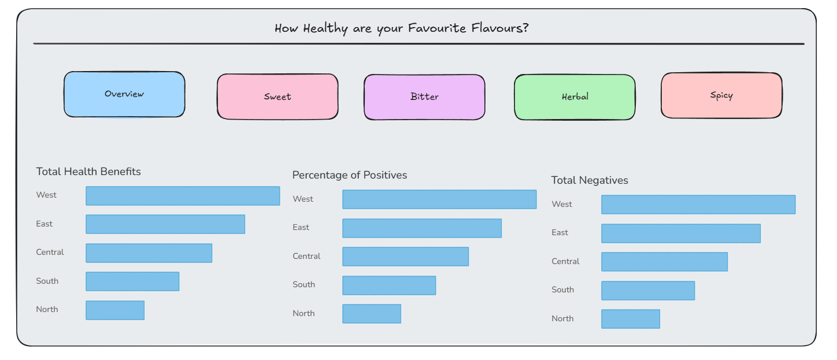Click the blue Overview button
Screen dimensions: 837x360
coord(124,94)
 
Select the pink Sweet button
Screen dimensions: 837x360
coord(277,97)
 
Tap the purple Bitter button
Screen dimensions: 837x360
coord(424,97)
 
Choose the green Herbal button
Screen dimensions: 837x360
coord(575,97)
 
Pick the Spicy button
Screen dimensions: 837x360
coord(721,95)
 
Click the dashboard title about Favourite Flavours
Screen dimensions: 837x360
coord(402,28)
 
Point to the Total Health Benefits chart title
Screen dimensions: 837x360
coord(88,172)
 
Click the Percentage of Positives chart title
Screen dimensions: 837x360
coord(349,175)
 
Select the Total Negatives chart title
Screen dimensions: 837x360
coord(590,180)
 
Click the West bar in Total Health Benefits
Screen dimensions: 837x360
coord(183,196)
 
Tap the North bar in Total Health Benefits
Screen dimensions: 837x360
coord(115,310)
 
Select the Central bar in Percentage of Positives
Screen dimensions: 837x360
coord(405,257)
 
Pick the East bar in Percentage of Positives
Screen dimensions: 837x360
coord(422,228)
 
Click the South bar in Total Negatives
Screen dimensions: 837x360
coord(648,291)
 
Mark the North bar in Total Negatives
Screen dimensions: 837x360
coord(631,319)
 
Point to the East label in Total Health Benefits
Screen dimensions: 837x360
coord(44,224)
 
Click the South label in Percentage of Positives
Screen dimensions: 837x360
coord(304,284)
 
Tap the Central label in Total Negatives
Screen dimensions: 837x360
coord(565,261)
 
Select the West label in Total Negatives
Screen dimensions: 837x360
coord(562,205)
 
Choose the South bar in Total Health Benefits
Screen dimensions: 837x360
coord(132,281)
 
